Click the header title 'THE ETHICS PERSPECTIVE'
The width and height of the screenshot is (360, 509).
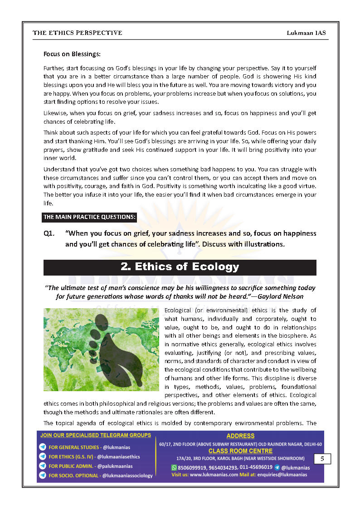point(77,33)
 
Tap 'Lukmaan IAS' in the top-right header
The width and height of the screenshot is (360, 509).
point(306,33)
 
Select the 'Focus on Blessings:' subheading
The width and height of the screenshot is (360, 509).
point(72,54)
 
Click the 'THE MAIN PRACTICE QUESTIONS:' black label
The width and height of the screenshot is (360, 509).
point(89,217)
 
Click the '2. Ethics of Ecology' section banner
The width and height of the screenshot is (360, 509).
point(180,267)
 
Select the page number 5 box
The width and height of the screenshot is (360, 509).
point(322,459)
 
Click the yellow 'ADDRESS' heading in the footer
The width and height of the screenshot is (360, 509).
point(240,436)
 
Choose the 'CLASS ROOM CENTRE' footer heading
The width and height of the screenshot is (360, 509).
point(240,451)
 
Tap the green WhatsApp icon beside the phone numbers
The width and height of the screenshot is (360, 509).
point(174,467)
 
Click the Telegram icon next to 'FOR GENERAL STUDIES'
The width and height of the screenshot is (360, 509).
point(43,447)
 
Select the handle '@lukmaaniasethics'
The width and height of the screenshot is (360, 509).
point(118,457)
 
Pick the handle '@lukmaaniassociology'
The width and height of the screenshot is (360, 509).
point(127,475)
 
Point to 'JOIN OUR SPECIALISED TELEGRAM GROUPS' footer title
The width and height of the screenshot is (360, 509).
point(96,435)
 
